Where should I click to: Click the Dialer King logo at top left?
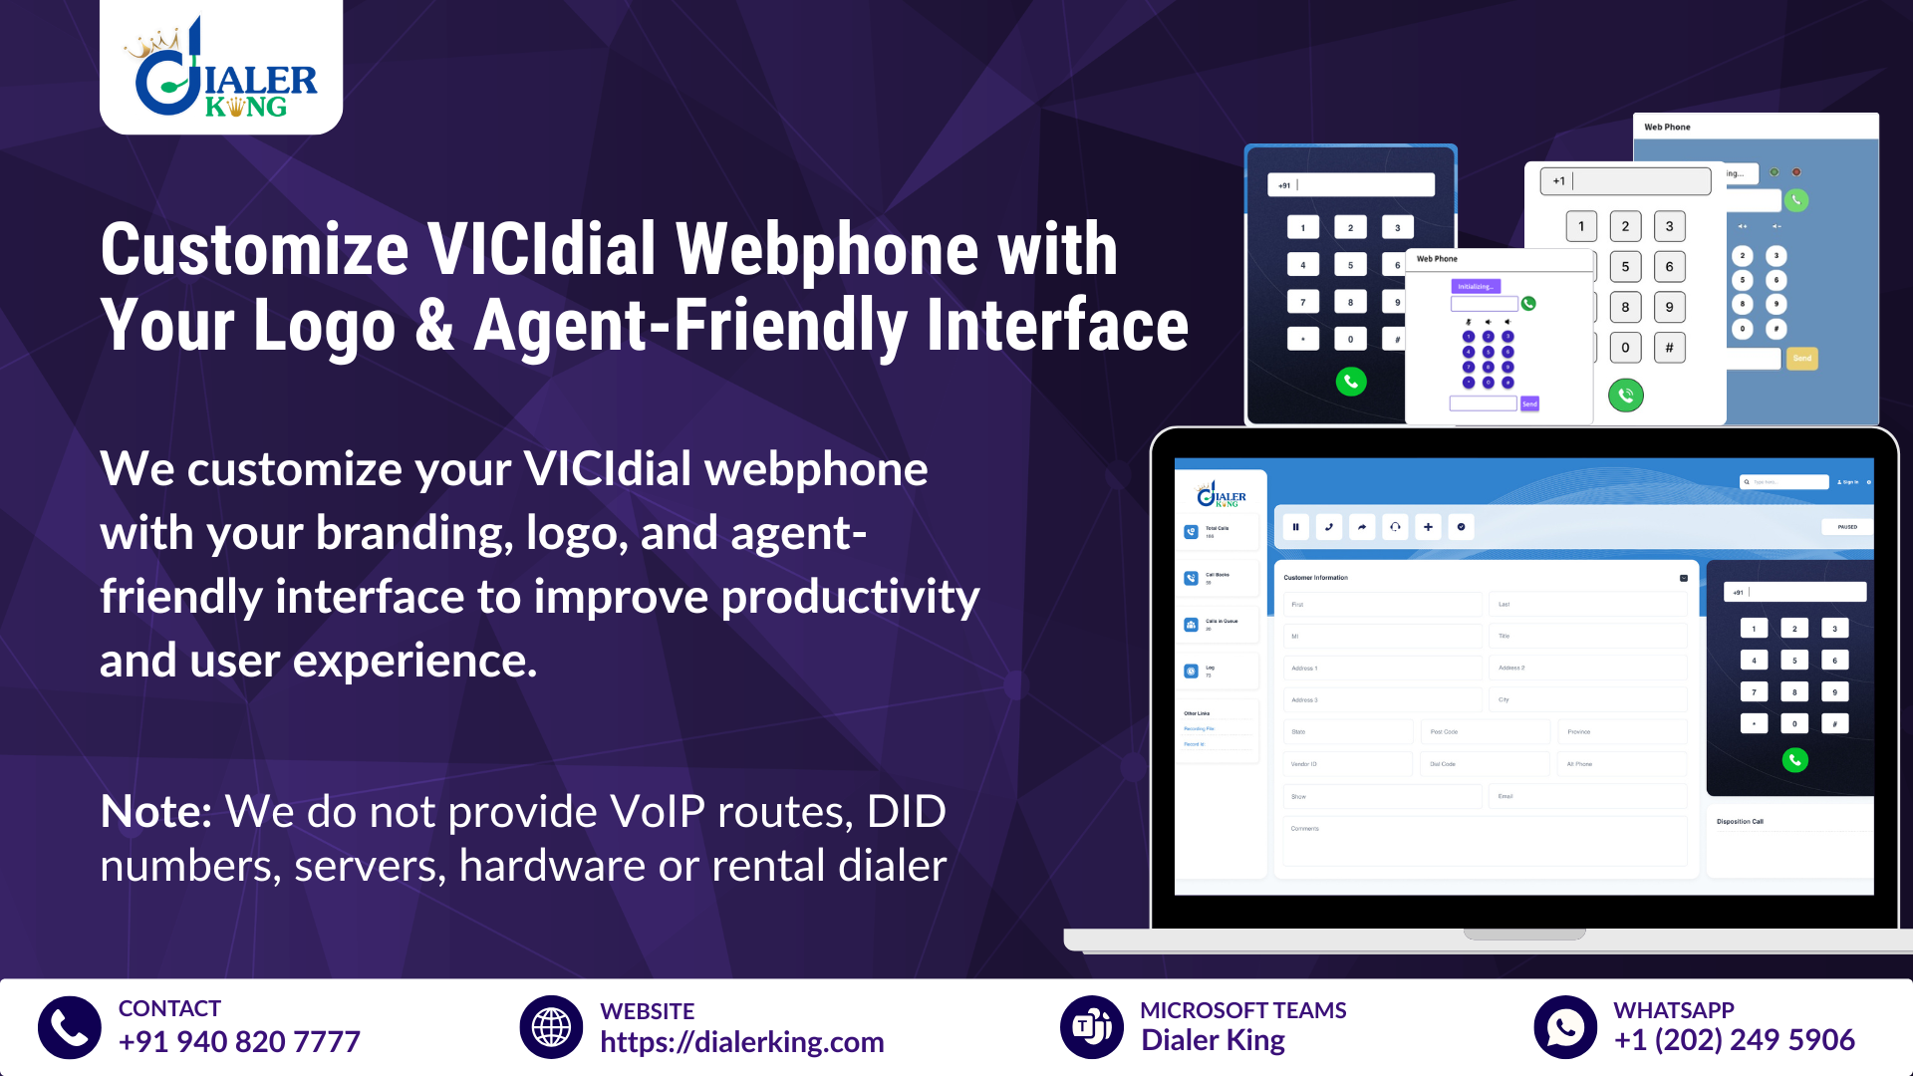(221, 68)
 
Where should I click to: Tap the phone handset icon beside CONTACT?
(70, 1027)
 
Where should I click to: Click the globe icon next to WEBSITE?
(551, 1027)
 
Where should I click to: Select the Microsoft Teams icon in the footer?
(1092, 1027)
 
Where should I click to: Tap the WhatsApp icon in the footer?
(1565, 1027)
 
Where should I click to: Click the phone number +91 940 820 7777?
(239, 1042)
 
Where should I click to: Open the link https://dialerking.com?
(741, 1042)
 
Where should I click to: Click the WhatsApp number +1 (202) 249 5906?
(1734, 1040)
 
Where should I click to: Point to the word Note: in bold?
(156, 812)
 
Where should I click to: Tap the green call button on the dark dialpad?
(1351, 382)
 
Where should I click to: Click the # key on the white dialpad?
(1670, 348)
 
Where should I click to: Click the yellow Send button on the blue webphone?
(1801, 359)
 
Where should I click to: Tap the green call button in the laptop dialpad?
(1794, 760)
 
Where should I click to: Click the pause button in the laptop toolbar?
(1295, 527)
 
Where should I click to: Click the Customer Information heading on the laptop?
(1315, 578)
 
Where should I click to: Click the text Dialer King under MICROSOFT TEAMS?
(1213, 1040)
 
